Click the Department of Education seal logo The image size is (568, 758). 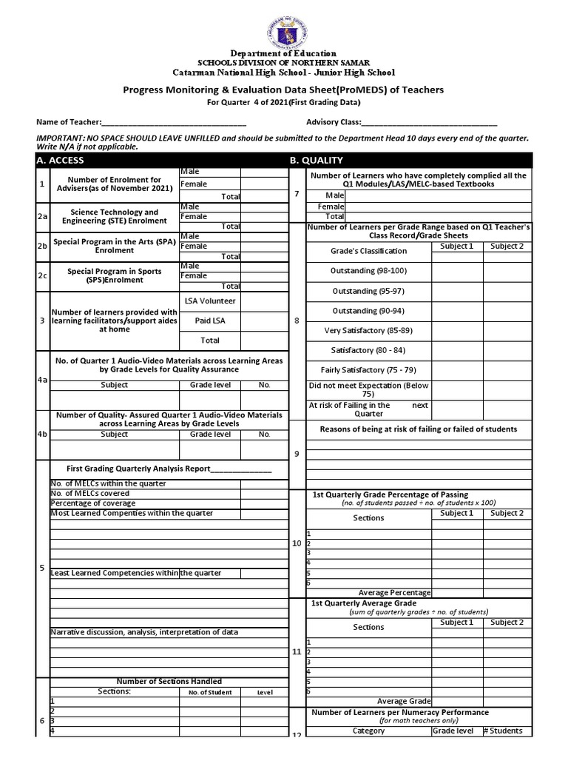click(284, 27)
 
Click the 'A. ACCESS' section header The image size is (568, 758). click(61, 160)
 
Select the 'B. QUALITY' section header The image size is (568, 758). click(316, 160)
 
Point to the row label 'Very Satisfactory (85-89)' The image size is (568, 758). click(368, 330)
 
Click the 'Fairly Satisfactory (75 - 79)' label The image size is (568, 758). click(368, 369)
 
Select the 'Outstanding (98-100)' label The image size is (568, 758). click(368, 271)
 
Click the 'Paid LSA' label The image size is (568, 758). click(210, 321)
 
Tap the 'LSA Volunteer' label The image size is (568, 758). click(210, 301)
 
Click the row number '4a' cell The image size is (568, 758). click(43, 379)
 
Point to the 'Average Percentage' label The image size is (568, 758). click(394, 592)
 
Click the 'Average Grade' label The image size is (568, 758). click(403, 701)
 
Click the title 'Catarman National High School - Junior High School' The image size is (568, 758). click(284, 73)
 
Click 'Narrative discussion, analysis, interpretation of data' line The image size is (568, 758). click(143, 631)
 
